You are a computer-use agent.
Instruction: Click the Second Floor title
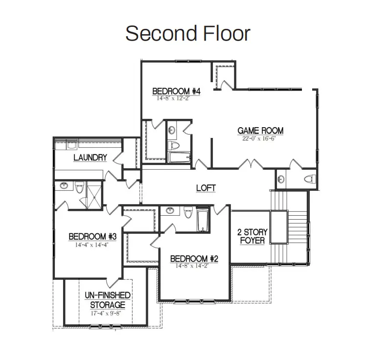tap(188, 34)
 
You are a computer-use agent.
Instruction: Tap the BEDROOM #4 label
tap(176, 91)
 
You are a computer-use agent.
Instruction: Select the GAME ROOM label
tap(260, 131)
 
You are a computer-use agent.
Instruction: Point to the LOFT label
tap(206, 188)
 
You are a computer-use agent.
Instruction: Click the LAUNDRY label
tap(90, 157)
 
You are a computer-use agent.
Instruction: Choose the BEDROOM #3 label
tap(92, 236)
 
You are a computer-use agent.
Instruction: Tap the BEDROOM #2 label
tap(194, 259)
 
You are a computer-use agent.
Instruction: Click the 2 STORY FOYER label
tap(252, 236)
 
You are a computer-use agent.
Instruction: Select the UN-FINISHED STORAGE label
tap(108, 300)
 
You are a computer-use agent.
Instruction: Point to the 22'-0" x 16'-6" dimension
tap(259, 138)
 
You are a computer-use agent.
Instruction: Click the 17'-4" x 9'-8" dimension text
tap(106, 313)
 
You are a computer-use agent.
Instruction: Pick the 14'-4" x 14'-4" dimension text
tap(92, 245)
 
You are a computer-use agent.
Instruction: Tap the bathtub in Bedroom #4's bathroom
tap(179, 157)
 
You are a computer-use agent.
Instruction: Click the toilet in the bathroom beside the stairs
tap(310, 179)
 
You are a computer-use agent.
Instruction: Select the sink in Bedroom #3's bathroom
tap(64, 186)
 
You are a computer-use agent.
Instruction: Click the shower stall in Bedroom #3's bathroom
tap(94, 195)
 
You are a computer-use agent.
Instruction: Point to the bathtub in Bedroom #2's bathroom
tap(203, 220)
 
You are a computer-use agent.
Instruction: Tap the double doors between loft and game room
tap(251, 164)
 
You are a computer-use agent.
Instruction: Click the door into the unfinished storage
tap(114, 282)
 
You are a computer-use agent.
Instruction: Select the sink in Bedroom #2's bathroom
tap(170, 210)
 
